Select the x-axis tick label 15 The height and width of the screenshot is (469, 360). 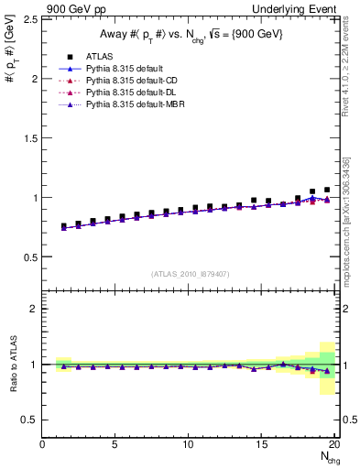pos(263,444)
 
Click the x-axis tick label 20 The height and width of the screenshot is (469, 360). pos(335,444)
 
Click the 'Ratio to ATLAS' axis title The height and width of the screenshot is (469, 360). pos(12,364)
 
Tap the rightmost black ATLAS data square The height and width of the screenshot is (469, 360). pos(327,190)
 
